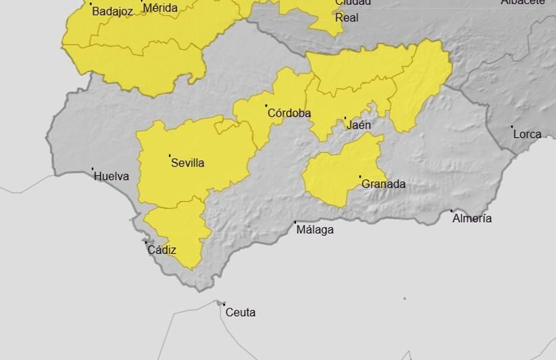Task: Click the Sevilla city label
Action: [x=187, y=163]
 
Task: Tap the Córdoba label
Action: [x=289, y=113]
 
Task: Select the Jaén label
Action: [x=358, y=125]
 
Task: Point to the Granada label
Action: [x=383, y=184]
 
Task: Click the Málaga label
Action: [x=315, y=230]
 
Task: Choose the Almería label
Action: [x=472, y=218]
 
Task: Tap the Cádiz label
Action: [x=162, y=250]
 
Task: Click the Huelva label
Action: [x=111, y=176]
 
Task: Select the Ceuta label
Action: [x=240, y=312]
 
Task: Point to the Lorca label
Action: [x=527, y=134]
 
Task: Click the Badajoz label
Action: [x=112, y=11]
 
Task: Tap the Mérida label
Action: [x=160, y=8]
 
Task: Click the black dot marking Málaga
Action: [x=295, y=222]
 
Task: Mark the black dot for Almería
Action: [x=451, y=211]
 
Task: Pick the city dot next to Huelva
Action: [x=92, y=169]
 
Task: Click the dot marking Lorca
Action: [x=512, y=127]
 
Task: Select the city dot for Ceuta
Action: [x=224, y=305]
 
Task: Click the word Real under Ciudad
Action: [x=346, y=18]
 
